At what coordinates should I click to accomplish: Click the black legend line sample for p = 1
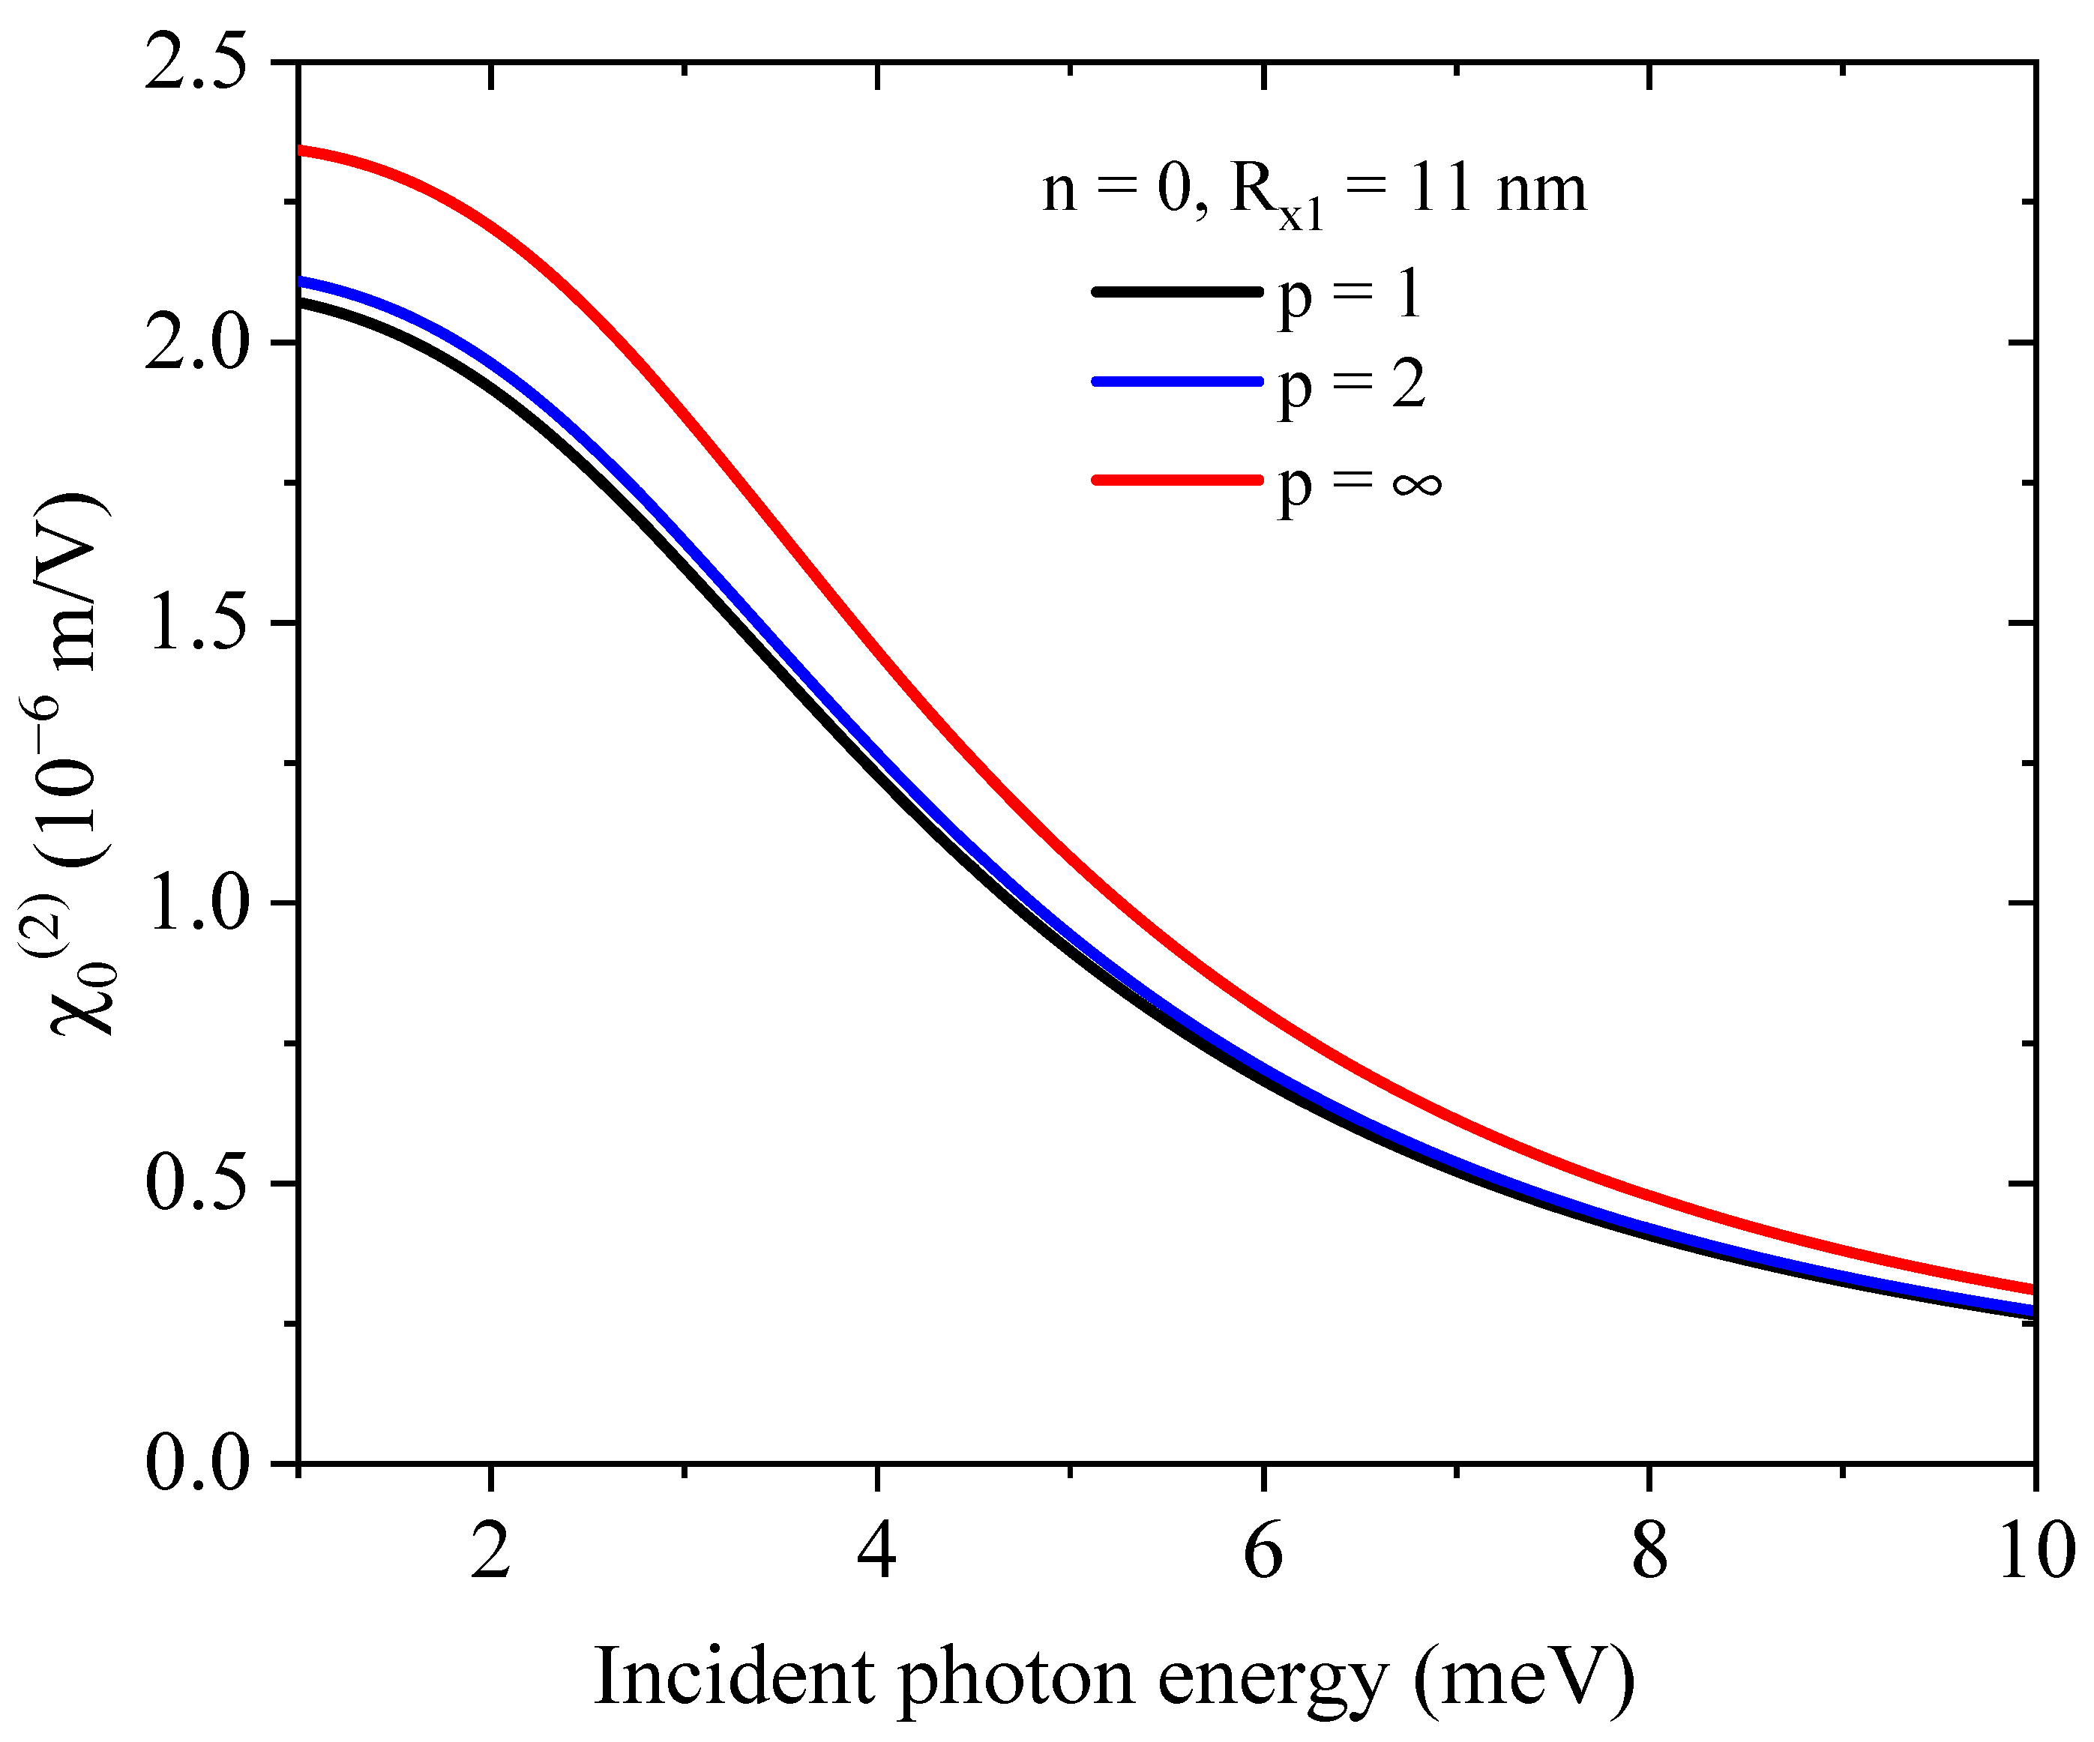click(x=1176, y=291)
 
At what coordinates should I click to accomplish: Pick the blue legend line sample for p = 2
click(x=1176, y=381)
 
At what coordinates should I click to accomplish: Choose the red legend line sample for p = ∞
click(x=1176, y=480)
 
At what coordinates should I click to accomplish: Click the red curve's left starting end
click(x=302, y=151)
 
